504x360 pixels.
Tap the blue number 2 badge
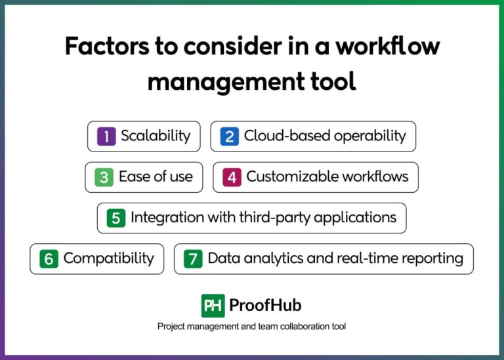[229, 136]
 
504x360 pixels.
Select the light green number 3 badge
[104, 177]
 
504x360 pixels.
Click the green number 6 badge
[49, 258]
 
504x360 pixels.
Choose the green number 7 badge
[193, 258]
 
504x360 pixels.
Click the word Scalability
[156, 136]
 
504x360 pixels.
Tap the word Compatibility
[108, 258]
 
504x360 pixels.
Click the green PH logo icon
[213, 306]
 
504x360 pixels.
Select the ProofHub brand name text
[265, 306]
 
